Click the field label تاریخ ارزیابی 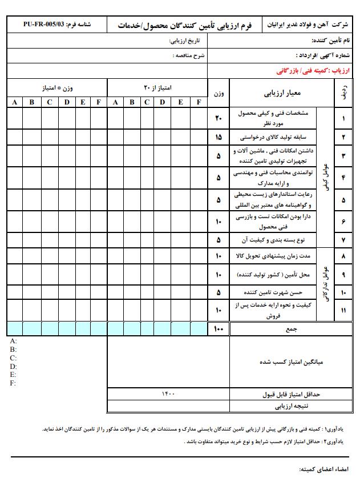pyautogui.click(x=187, y=42)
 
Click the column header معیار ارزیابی pyautogui.click(x=291, y=92)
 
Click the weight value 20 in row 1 pyautogui.click(x=219, y=118)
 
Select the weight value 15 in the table pyautogui.click(x=219, y=138)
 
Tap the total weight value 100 pyautogui.click(x=219, y=329)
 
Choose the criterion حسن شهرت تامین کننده pyautogui.click(x=282, y=292)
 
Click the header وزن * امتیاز pyautogui.click(x=57, y=88)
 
